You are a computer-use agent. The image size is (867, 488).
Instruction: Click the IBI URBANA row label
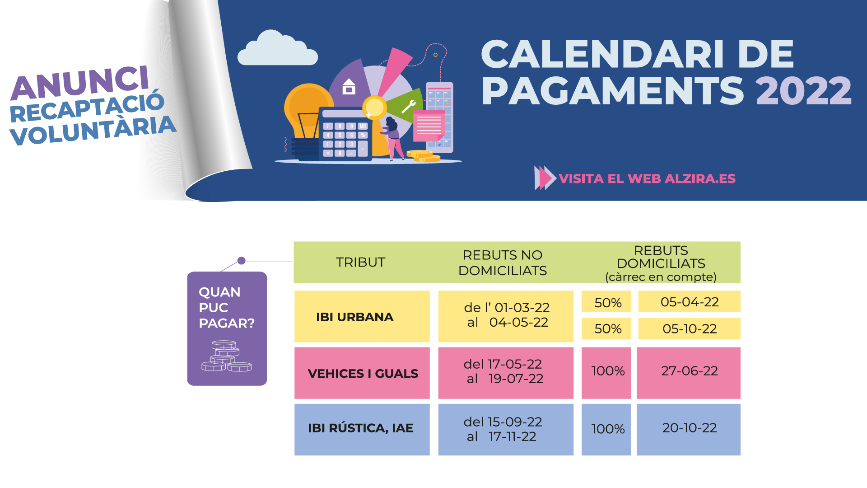pyautogui.click(x=354, y=317)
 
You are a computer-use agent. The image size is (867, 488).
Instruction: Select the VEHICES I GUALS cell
pyautogui.click(x=363, y=373)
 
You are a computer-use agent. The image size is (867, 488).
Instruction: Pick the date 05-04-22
pyautogui.click(x=690, y=302)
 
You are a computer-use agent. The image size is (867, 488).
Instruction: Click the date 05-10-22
pyautogui.click(x=690, y=328)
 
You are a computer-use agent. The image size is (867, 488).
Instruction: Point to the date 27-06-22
pyautogui.click(x=690, y=371)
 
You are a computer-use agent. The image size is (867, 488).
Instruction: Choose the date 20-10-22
pyautogui.click(x=690, y=428)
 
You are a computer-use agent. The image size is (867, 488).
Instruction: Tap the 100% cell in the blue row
pyautogui.click(x=608, y=429)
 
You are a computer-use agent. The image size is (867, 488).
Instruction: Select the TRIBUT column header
pyautogui.click(x=360, y=262)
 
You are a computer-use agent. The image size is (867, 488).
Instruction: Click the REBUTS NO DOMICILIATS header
pyautogui.click(x=503, y=263)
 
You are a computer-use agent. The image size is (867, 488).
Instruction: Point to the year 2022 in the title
pyautogui.click(x=804, y=90)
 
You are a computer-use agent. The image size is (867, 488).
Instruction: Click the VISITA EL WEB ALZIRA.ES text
pyautogui.click(x=647, y=178)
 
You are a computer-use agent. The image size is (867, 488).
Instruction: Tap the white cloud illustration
pyautogui.click(x=277, y=48)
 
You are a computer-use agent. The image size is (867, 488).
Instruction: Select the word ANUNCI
pyautogui.click(x=80, y=83)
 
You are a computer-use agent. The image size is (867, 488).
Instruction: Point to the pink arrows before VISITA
pyautogui.click(x=545, y=178)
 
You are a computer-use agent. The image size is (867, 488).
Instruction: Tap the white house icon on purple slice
pyautogui.click(x=349, y=86)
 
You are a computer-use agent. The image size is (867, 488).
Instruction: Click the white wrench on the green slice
pyautogui.click(x=408, y=107)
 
